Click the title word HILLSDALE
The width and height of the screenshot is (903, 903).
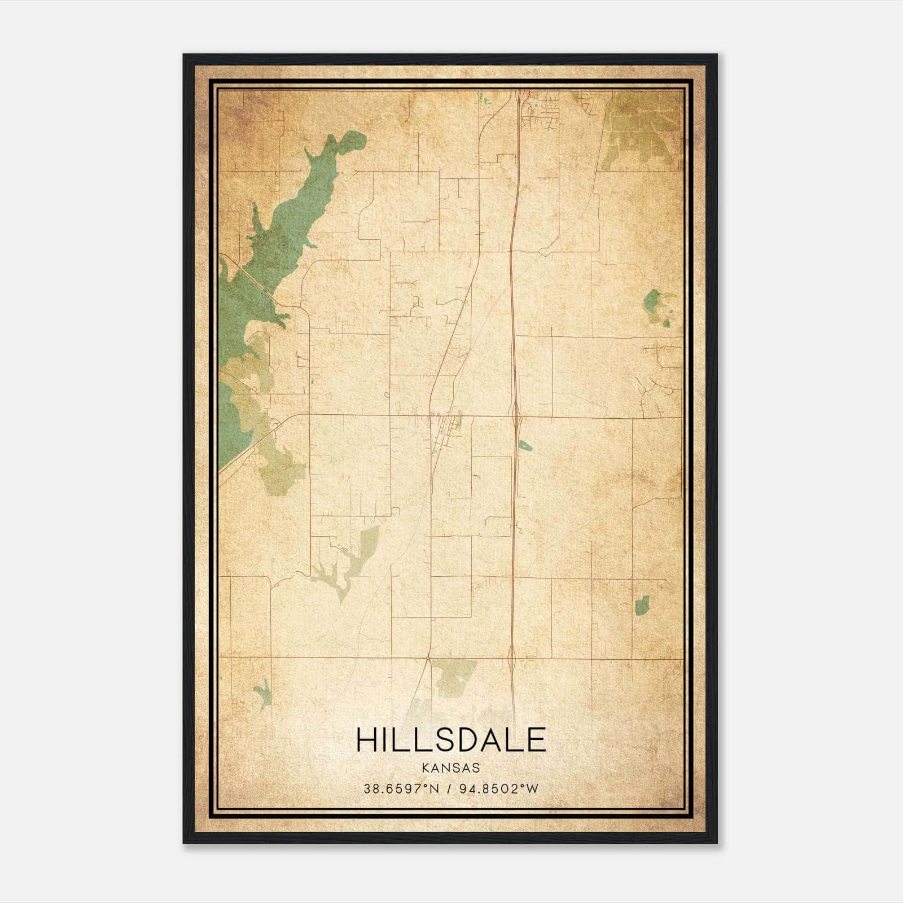pyautogui.click(x=451, y=740)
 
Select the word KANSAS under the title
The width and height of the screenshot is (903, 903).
pyautogui.click(x=451, y=768)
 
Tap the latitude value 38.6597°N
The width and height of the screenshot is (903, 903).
pyautogui.click(x=401, y=788)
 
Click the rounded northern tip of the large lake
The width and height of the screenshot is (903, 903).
pyautogui.click(x=353, y=141)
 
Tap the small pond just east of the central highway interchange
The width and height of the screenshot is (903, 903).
pyautogui.click(x=525, y=445)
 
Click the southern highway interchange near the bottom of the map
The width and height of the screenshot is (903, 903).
pyautogui.click(x=511, y=656)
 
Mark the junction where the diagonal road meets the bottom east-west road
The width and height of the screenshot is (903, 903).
pyautogui.click(x=429, y=658)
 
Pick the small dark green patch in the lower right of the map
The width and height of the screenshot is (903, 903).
pyautogui.click(x=642, y=604)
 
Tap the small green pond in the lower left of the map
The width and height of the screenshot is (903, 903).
pyautogui.click(x=262, y=693)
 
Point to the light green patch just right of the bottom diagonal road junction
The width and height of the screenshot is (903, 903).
pyautogui.click(x=456, y=677)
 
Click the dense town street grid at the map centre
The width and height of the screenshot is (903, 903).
pyautogui.click(x=444, y=426)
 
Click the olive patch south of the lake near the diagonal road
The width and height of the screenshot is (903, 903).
pyautogui.click(x=279, y=468)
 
